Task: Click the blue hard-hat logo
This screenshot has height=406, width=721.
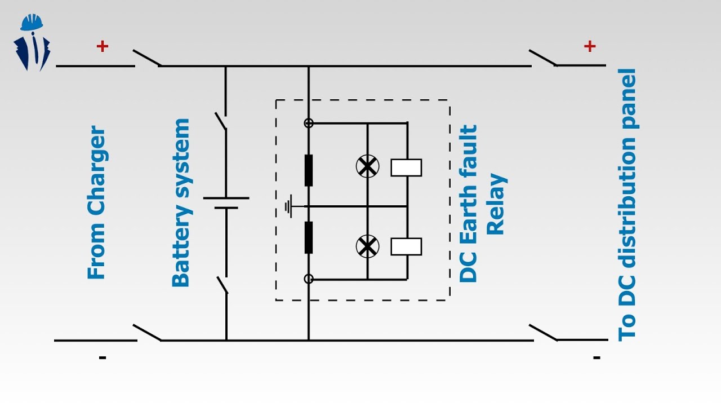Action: pos(32,42)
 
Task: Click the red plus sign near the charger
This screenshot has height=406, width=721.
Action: pos(103,46)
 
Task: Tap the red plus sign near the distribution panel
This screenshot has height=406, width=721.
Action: pos(590,46)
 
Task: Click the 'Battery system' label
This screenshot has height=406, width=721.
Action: pos(181,202)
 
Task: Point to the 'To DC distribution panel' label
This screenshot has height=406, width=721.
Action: pos(627,205)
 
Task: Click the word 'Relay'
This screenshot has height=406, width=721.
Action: pos(496,204)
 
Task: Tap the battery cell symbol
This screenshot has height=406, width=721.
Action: pos(226,203)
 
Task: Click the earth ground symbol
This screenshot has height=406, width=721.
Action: pos(289,206)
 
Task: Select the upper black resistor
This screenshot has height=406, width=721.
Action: pos(308,170)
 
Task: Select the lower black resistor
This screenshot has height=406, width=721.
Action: pos(308,237)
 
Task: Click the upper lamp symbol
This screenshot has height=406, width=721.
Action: pos(367,166)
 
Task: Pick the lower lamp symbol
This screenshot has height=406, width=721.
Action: pos(367,246)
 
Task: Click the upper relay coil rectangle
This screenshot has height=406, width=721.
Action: pos(406,167)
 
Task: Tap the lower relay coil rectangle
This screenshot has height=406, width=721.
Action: pos(406,247)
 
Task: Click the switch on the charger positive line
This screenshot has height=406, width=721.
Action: pos(148,58)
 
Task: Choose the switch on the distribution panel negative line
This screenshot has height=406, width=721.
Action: pos(544,333)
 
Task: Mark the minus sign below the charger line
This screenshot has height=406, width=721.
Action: pos(103,358)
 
